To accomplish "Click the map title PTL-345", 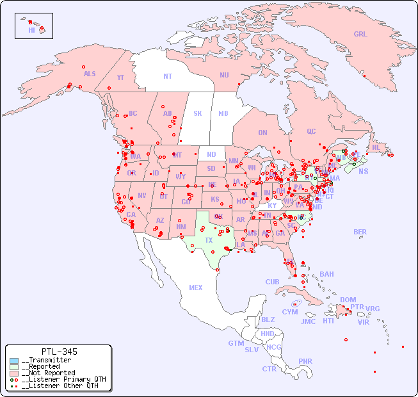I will pyautogui.click(x=59, y=352).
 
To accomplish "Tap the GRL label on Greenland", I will pyautogui.click(x=360, y=35).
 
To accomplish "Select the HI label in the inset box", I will pyautogui.click(x=31, y=30).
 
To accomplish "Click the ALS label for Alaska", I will pyautogui.click(x=90, y=74).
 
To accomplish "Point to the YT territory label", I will pyautogui.click(x=120, y=77).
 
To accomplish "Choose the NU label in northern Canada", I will pyautogui.click(x=224, y=75).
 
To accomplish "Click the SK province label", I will pyautogui.click(x=198, y=113).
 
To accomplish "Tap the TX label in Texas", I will pyautogui.click(x=209, y=240).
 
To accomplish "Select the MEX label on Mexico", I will pyautogui.click(x=196, y=288).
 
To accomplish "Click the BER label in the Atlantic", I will pyautogui.click(x=360, y=232).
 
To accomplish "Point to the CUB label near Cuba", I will pyautogui.click(x=272, y=282).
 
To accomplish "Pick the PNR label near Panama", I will pyautogui.click(x=305, y=361).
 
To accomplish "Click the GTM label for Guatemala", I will pyautogui.click(x=236, y=343).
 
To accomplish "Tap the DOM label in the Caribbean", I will pyautogui.click(x=348, y=300).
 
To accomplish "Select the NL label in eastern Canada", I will pyautogui.click(x=376, y=147).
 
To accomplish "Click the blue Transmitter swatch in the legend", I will pyautogui.click(x=14, y=361).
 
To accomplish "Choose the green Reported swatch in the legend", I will pyautogui.click(x=14, y=367).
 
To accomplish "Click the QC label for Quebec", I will pyautogui.click(x=311, y=131).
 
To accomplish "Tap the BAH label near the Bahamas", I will pyautogui.click(x=326, y=274).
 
